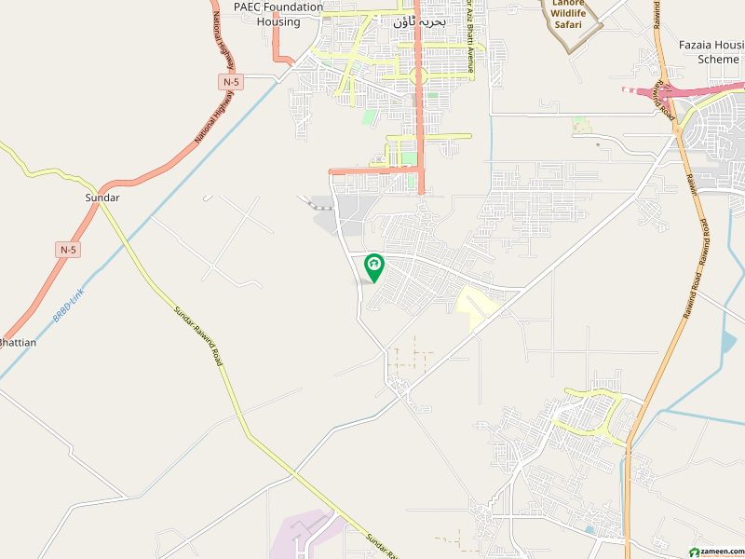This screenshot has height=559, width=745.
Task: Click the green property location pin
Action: [x=373, y=267]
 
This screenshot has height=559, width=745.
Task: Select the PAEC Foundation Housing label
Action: [x=278, y=14]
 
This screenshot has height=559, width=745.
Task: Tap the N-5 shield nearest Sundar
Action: [x=68, y=249]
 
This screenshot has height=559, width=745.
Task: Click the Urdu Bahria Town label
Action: [x=413, y=20]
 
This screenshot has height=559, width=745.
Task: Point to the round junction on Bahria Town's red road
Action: [x=418, y=75]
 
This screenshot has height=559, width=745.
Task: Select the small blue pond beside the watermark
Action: [x=589, y=530]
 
